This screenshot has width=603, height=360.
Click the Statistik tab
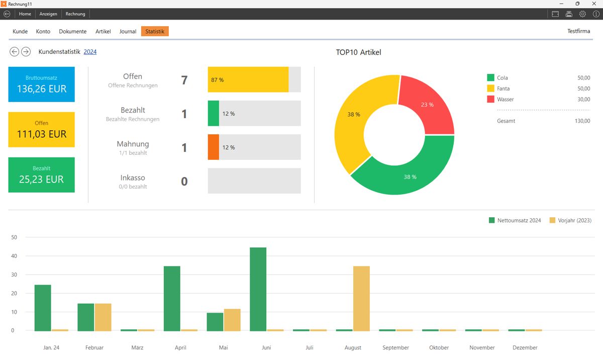click(x=155, y=31)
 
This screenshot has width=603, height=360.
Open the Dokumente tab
click(x=73, y=31)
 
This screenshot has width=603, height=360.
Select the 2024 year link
click(x=90, y=51)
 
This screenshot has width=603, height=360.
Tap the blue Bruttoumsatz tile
click(x=41, y=84)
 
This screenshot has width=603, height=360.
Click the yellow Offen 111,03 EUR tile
click(x=41, y=129)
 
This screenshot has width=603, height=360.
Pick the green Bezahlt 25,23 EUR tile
click(x=41, y=174)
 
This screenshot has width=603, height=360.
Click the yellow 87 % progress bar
click(x=248, y=79)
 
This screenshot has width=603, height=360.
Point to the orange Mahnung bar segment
click(x=214, y=147)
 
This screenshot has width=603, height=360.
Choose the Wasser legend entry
click(x=505, y=99)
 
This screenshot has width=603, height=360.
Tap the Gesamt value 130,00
click(x=583, y=121)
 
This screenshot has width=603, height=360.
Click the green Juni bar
click(x=258, y=289)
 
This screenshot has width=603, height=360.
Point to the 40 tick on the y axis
click(x=14, y=256)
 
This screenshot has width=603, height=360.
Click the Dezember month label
click(x=525, y=347)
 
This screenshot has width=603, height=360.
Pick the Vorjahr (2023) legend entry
click(x=571, y=220)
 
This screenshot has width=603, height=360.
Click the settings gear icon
click(x=582, y=14)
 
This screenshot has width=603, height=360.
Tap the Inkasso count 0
click(x=184, y=181)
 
